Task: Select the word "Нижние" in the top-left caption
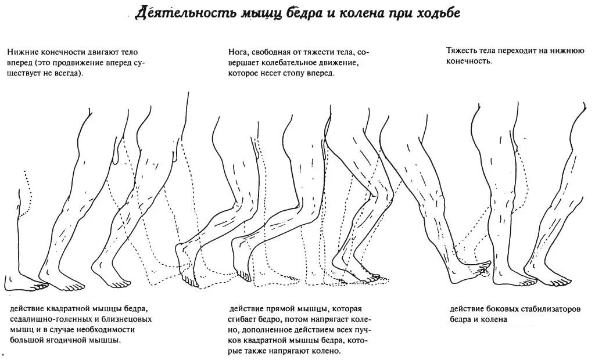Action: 23,52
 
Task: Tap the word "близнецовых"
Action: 130,319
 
